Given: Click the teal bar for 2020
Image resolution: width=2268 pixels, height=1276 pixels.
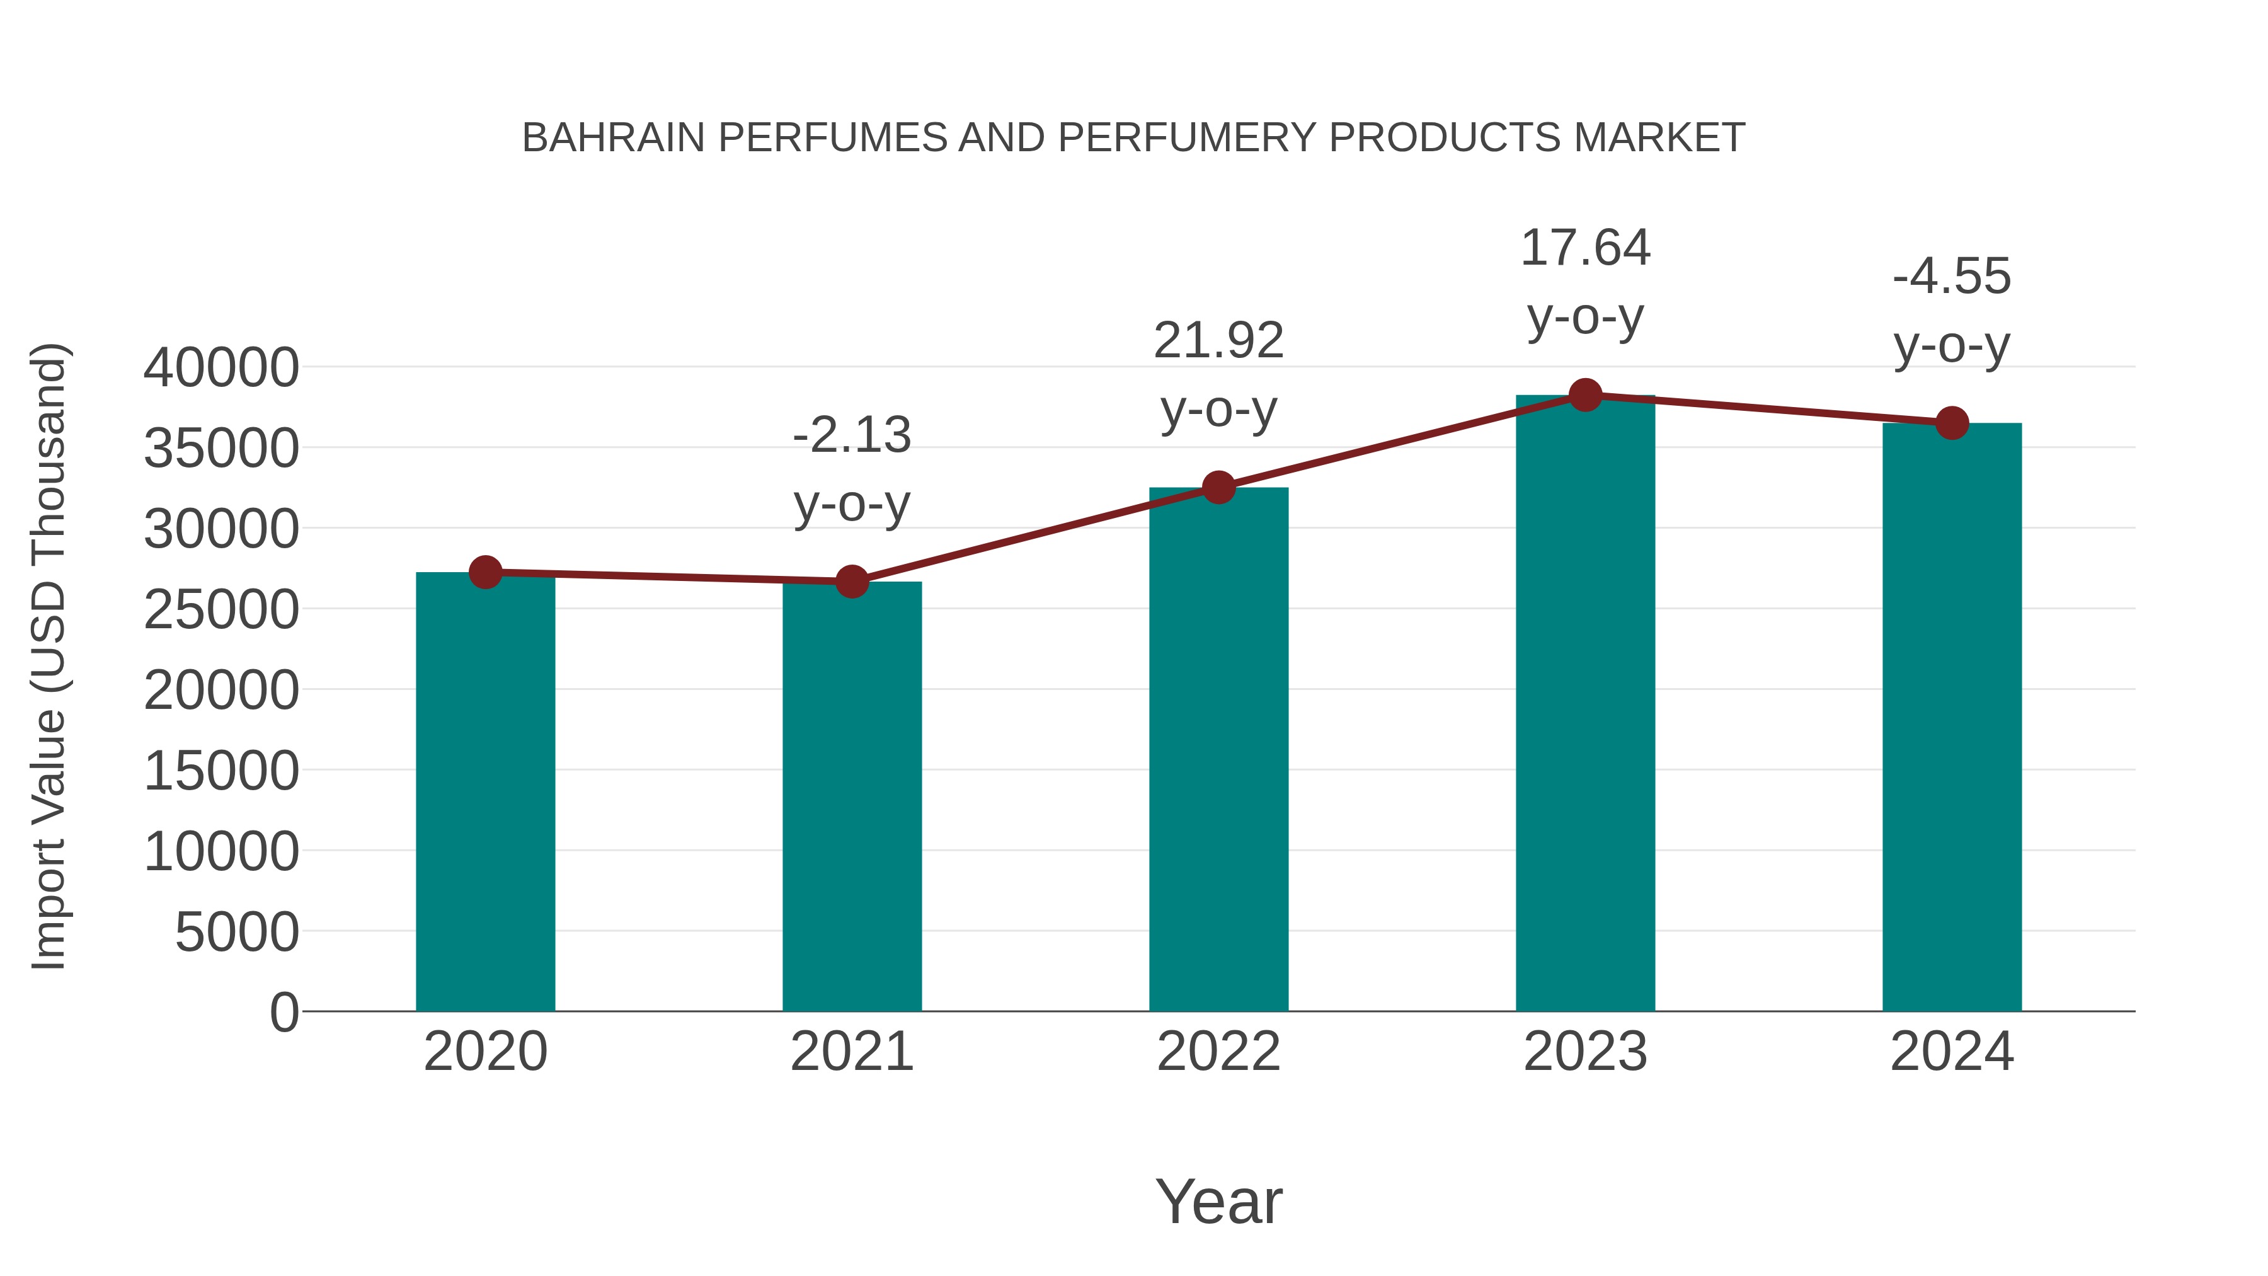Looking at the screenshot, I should [x=485, y=793].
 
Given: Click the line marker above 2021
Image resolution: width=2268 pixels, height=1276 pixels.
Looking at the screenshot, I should [x=851, y=581].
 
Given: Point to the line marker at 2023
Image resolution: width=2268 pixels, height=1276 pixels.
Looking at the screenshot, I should [x=1585, y=395].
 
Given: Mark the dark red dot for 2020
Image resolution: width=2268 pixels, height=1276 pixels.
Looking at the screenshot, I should [x=485, y=572].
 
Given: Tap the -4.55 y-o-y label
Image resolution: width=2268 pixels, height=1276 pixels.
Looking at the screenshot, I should [x=1952, y=309].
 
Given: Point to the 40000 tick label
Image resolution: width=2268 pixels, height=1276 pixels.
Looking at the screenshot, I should [x=221, y=368].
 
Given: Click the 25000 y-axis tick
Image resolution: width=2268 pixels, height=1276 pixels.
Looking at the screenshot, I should [x=221, y=609].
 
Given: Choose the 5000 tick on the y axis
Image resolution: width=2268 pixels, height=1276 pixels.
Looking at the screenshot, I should [x=237, y=933].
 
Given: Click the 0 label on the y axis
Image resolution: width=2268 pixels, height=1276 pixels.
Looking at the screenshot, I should [x=283, y=1013].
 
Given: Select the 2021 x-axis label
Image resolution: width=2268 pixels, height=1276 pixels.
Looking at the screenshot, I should [x=851, y=1052].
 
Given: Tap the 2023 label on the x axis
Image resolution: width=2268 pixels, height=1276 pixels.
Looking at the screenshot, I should [x=1585, y=1052].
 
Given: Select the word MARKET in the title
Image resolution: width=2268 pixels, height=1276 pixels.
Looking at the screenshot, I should [x=1659, y=138].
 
